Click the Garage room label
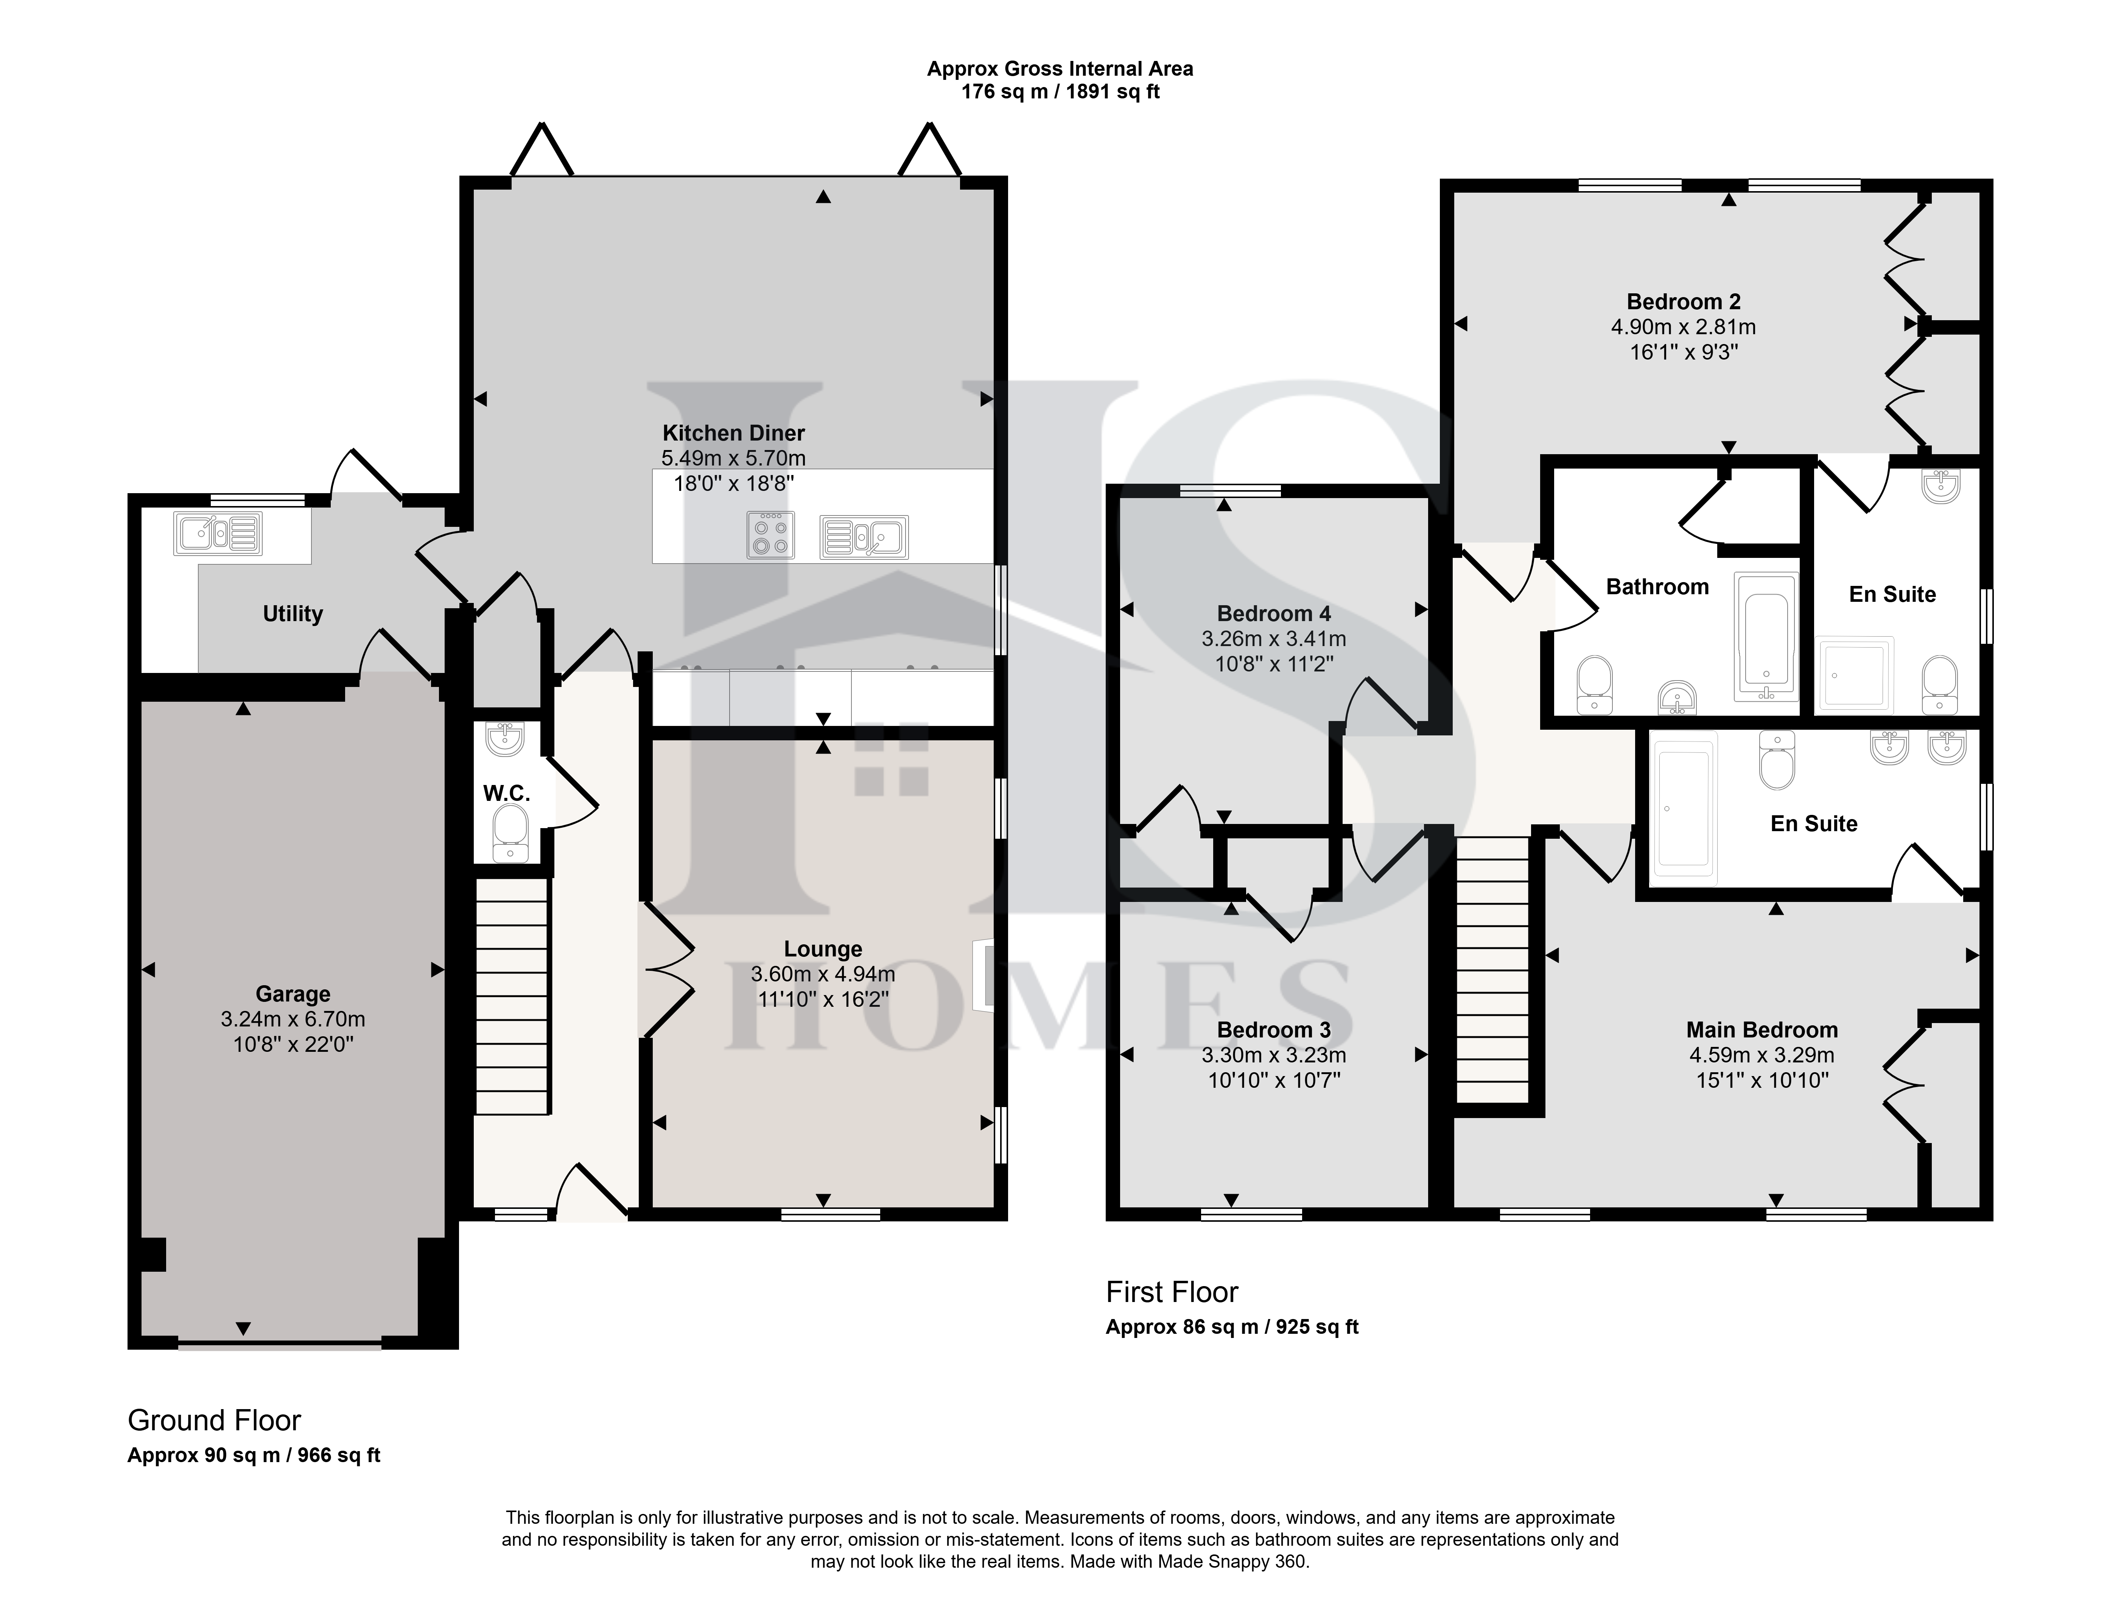coord(293,994)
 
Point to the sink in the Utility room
coord(217,533)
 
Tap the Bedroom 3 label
coord(1273,1029)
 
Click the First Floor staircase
coord(1492,969)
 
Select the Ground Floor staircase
coord(512,998)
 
